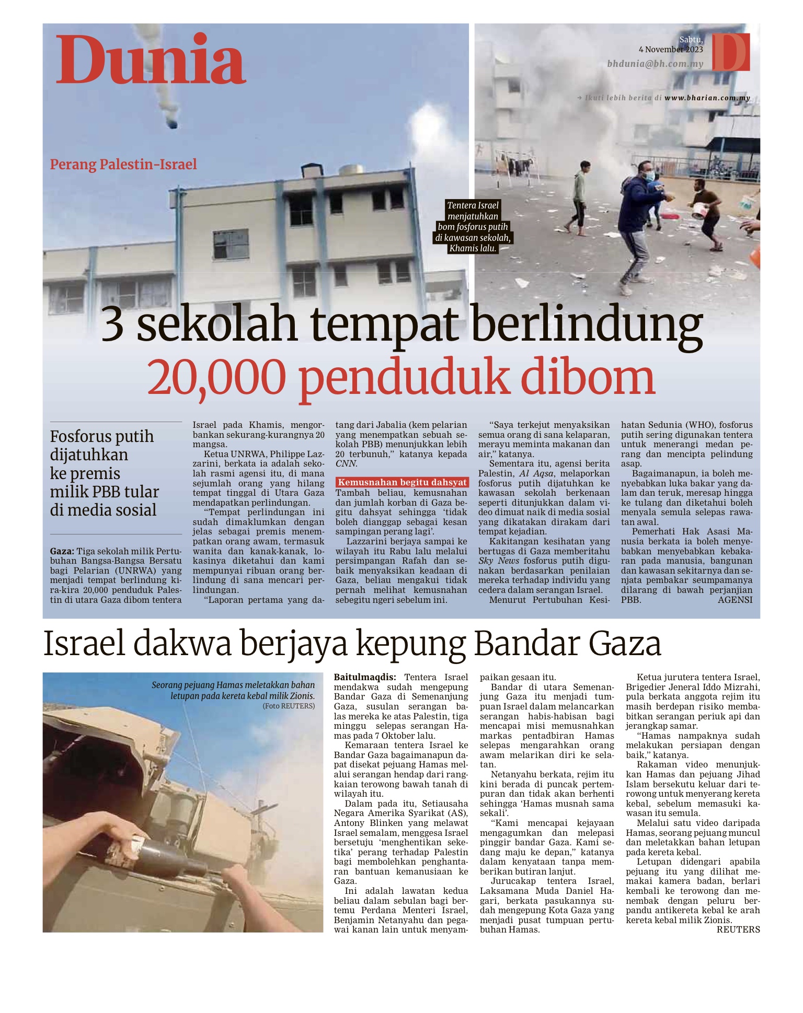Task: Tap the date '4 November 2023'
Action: (x=671, y=50)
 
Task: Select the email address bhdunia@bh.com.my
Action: (x=655, y=64)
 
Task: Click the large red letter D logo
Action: (x=731, y=52)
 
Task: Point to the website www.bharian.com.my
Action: (x=707, y=98)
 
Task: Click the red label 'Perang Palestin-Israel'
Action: (x=123, y=165)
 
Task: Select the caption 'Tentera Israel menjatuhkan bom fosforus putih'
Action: (x=473, y=227)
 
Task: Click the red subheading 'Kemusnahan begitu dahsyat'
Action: (x=402, y=482)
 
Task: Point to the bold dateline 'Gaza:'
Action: (x=62, y=551)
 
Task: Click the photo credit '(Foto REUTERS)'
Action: (x=289, y=706)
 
